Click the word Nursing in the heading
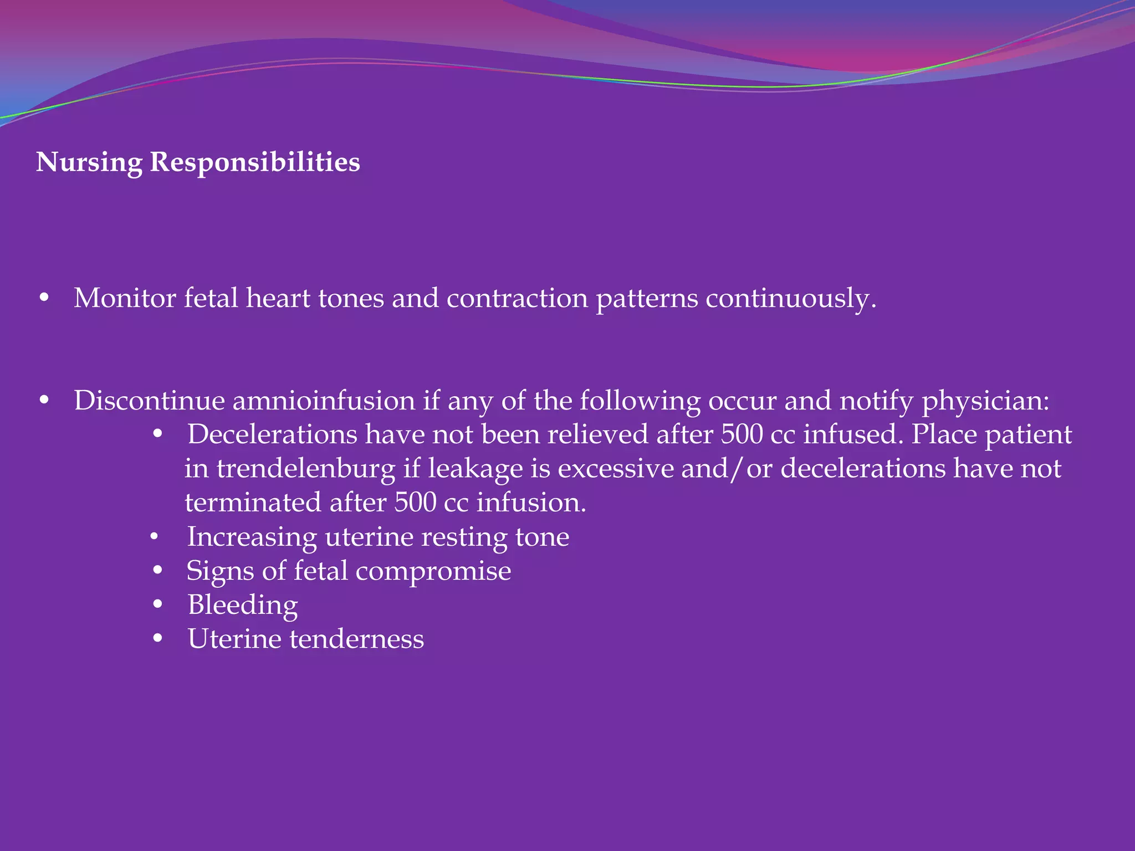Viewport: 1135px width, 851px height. pyautogui.click(x=89, y=163)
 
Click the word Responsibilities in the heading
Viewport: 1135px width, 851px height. pyautogui.click(x=255, y=163)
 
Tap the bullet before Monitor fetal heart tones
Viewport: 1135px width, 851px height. pyautogui.click(x=44, y=299)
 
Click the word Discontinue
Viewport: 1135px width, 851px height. pyautogui.click(x=149, y=401)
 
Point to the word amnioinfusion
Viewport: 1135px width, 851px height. pyautogui.click(x=324, y=401)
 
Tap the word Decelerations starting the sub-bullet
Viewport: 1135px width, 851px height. pyautogui.click(x=272, y=434)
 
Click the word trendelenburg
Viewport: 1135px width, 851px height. pyautogui.click(x=305, y=469)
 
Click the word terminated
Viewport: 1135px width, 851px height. pyautogui.click(x=253, y=503)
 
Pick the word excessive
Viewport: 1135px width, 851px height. pyautogui.click(x=615, y=469)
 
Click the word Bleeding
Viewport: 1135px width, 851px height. pyautogui.click(x=243, y=605)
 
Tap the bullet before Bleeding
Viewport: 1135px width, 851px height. pyautogui.click(x=158, y=605)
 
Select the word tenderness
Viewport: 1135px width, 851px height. pyautogui.click(x=357, y=639)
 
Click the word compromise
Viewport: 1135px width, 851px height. pyautogui.click(x=433, y=571)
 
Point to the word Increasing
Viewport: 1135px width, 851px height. pyautogui.click(x=252, y=537)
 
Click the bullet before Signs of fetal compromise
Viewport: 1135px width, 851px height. pyautogui.click(x=158, y=571)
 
